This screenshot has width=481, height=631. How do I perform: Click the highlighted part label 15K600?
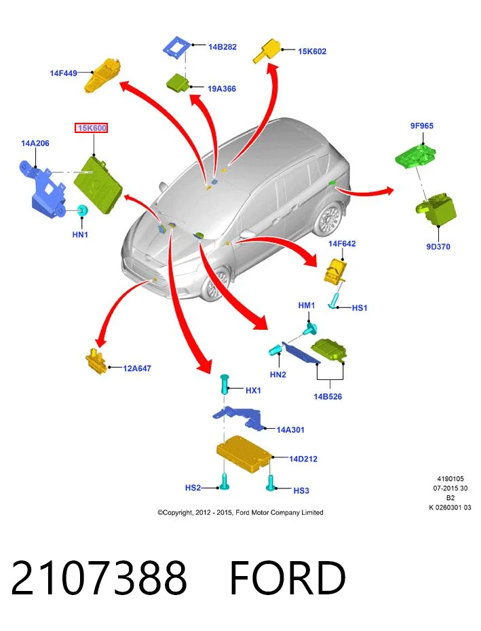tap(92, 128)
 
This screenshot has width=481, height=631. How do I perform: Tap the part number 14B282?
tap(223, 47)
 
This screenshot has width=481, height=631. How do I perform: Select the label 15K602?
tap(312, 51)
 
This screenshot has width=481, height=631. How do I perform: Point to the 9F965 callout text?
tap(422, 126)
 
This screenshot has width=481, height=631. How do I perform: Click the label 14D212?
tap(303, 459)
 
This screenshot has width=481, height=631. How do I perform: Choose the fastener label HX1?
tap(253, 390)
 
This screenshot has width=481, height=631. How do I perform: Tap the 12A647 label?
tap(137, 368)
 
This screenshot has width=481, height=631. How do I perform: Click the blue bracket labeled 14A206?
tap(42, 189)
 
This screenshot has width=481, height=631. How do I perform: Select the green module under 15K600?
tap(98, 184)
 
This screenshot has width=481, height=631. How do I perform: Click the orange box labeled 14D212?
tap(244, 453)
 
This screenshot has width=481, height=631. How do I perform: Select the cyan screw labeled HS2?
tap(225, 481)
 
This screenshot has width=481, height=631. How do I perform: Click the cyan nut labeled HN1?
tap(83, 210)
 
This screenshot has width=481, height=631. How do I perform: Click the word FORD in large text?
tap(288, 578)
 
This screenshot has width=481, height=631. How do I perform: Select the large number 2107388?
tap(99, 578)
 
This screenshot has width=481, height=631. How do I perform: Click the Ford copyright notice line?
tap(240, 512)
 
